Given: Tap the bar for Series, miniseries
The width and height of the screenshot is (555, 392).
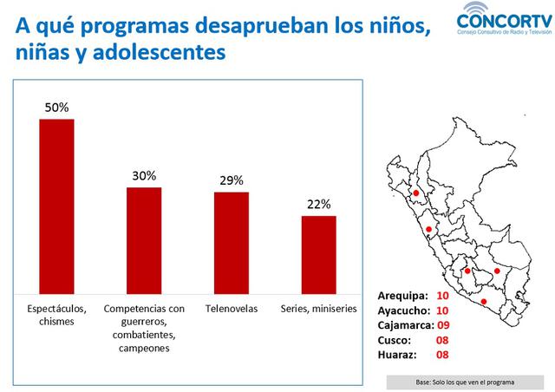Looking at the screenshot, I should point(318,255).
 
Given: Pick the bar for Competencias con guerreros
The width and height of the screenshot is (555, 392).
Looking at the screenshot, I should point(144,241).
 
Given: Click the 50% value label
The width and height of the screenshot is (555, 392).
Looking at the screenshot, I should point(57,108).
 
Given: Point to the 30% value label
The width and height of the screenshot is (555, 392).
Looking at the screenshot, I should point(144,175).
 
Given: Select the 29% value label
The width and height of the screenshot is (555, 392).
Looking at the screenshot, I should point(232,180).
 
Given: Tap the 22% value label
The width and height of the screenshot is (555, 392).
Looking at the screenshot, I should point(318,204).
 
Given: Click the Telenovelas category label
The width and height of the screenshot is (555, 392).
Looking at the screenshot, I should point(232,308).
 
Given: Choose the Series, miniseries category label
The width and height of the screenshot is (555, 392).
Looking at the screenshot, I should point(318,308).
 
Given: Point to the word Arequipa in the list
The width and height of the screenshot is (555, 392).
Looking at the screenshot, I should point(403,296).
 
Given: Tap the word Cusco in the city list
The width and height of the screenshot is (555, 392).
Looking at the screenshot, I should point(395,340).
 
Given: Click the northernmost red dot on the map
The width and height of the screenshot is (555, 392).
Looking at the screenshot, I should point(415,193).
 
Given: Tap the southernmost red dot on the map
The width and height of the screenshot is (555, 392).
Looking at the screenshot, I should point(484,301).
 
